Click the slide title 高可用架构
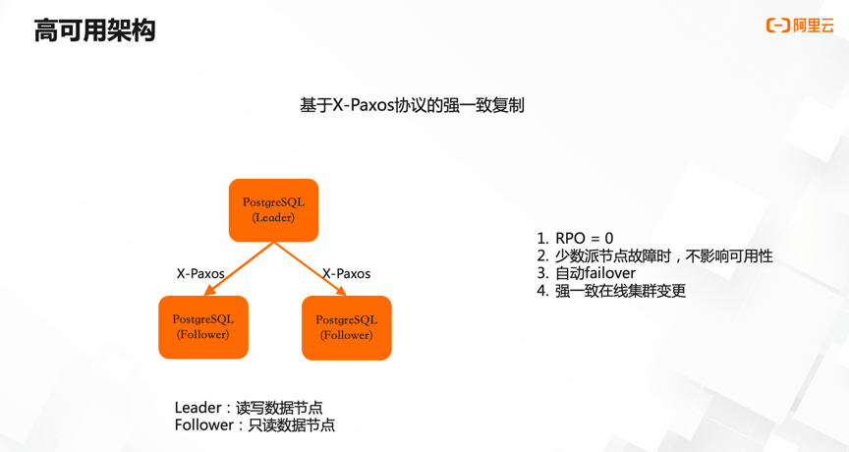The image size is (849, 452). coord(94,30)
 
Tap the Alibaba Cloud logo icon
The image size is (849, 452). coord(778,26)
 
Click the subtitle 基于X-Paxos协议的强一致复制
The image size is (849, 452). coord(412,105)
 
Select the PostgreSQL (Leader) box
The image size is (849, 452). coord(273,210)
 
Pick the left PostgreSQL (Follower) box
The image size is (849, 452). coord(203,327)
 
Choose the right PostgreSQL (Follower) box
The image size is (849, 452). coord(346,328)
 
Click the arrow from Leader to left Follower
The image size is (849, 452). coord(239,268)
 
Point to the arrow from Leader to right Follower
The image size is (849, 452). coord(310,268)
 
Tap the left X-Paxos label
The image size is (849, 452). coord(200,274)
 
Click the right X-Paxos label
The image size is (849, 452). coord(346,274)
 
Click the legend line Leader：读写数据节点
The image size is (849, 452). coord(249,408)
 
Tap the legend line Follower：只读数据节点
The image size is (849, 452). coord(255,425)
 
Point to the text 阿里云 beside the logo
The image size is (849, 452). coord(814,26)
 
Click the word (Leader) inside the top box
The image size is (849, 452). coord(273,217)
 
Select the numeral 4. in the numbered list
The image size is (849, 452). coord(542,291)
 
